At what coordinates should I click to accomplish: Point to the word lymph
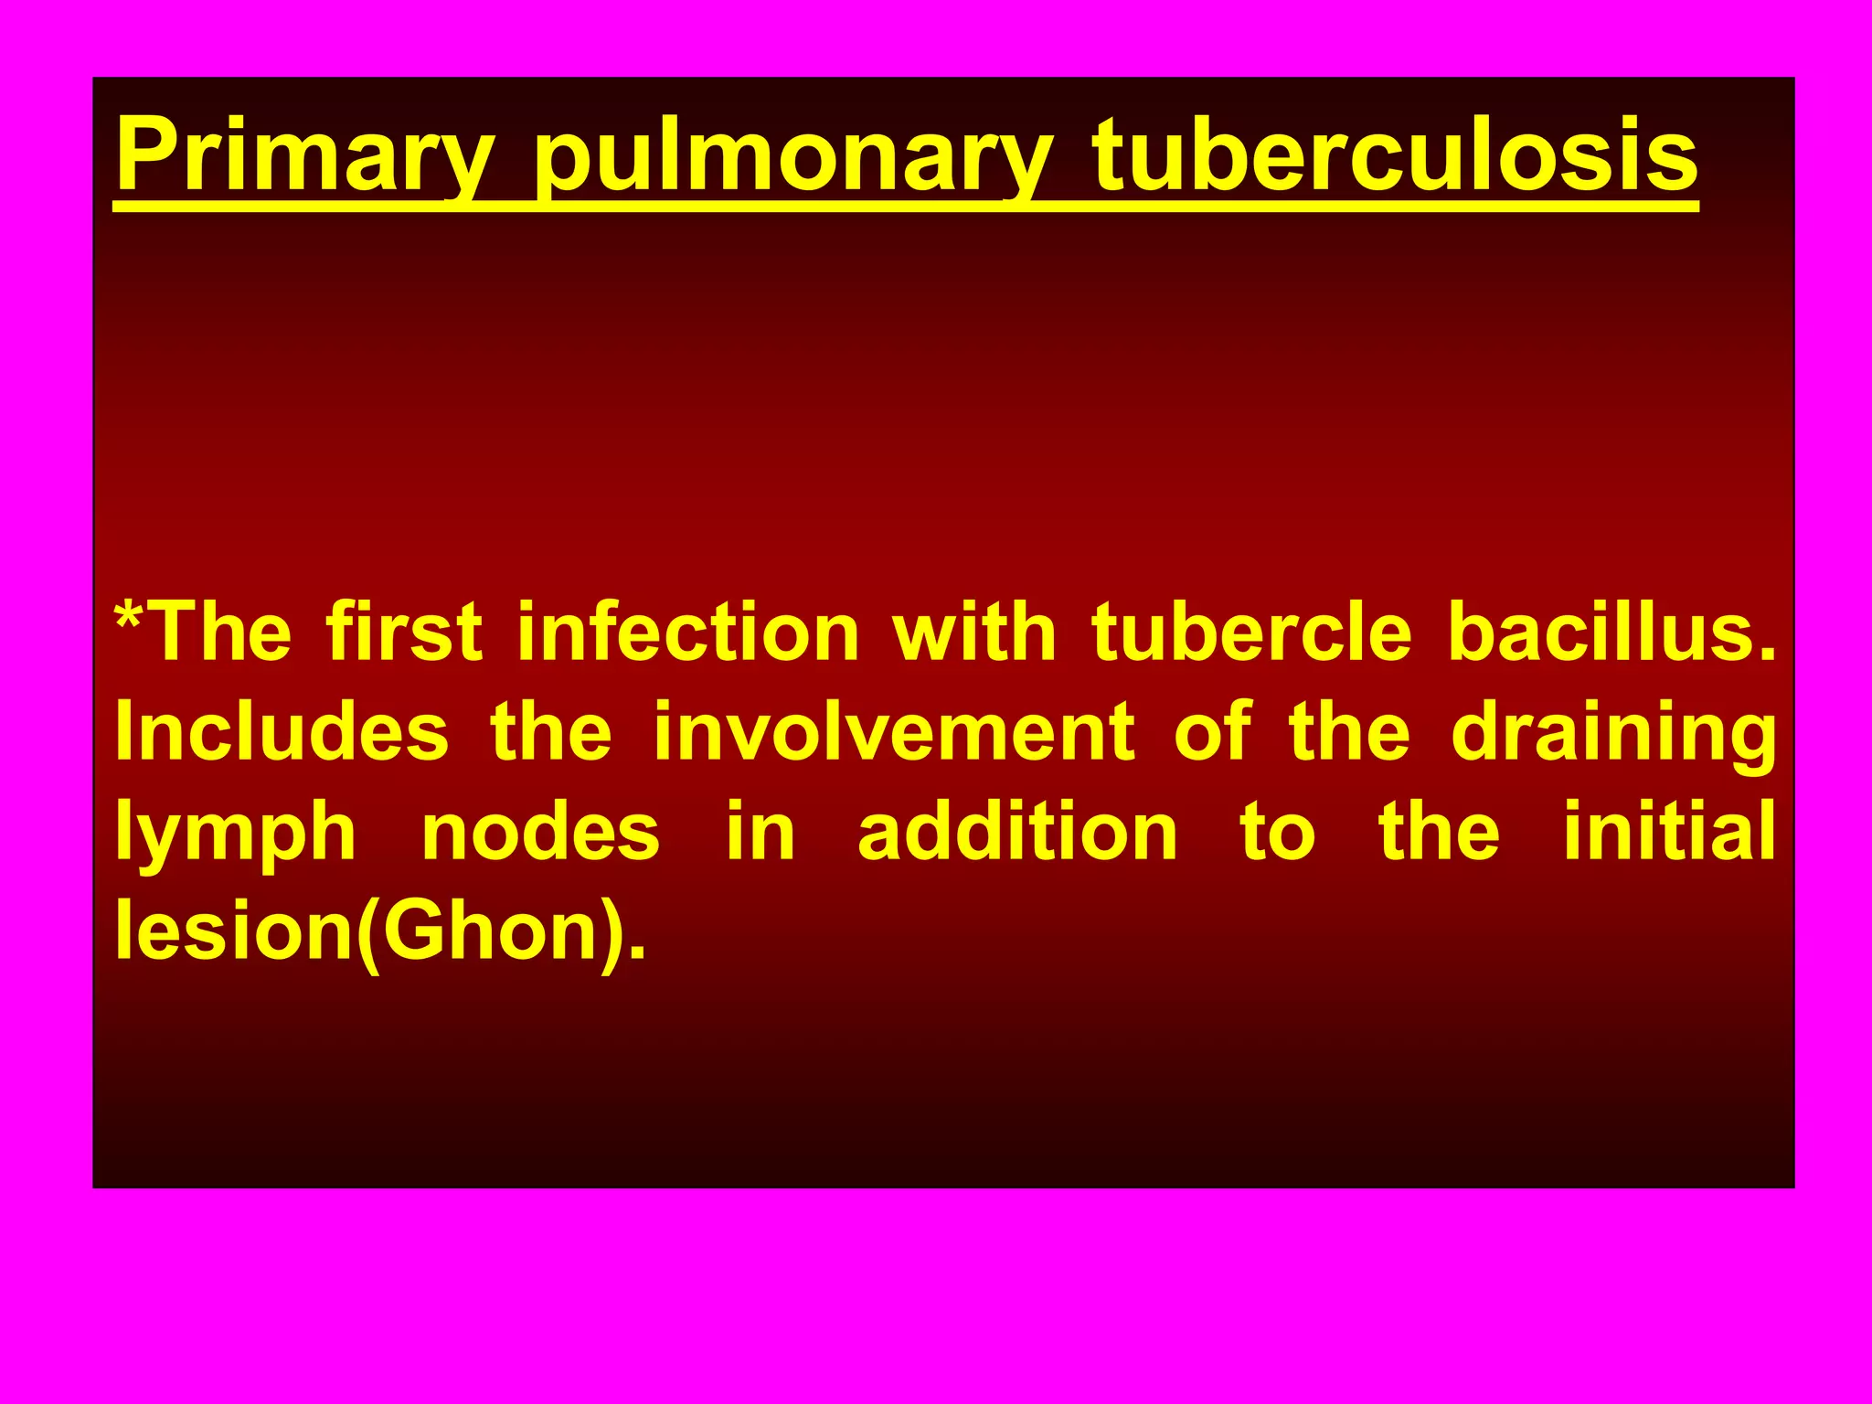point(235,835)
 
